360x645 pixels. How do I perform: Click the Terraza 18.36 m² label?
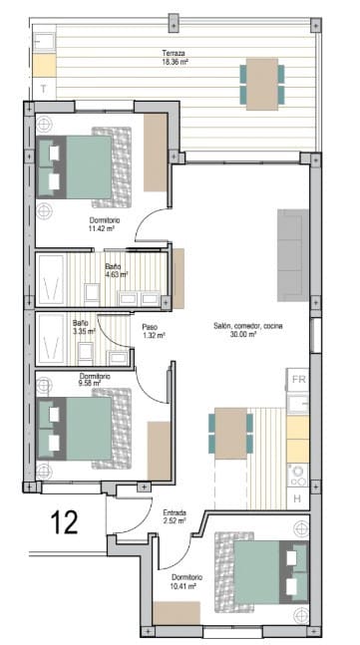[x=176, y=57]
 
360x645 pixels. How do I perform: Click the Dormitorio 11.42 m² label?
[x=104, y=223]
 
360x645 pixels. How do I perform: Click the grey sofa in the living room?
[x=291, y=255]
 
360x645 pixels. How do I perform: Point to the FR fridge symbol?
[x=298, y=379]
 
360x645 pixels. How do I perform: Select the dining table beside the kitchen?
[x=231, y=434]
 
